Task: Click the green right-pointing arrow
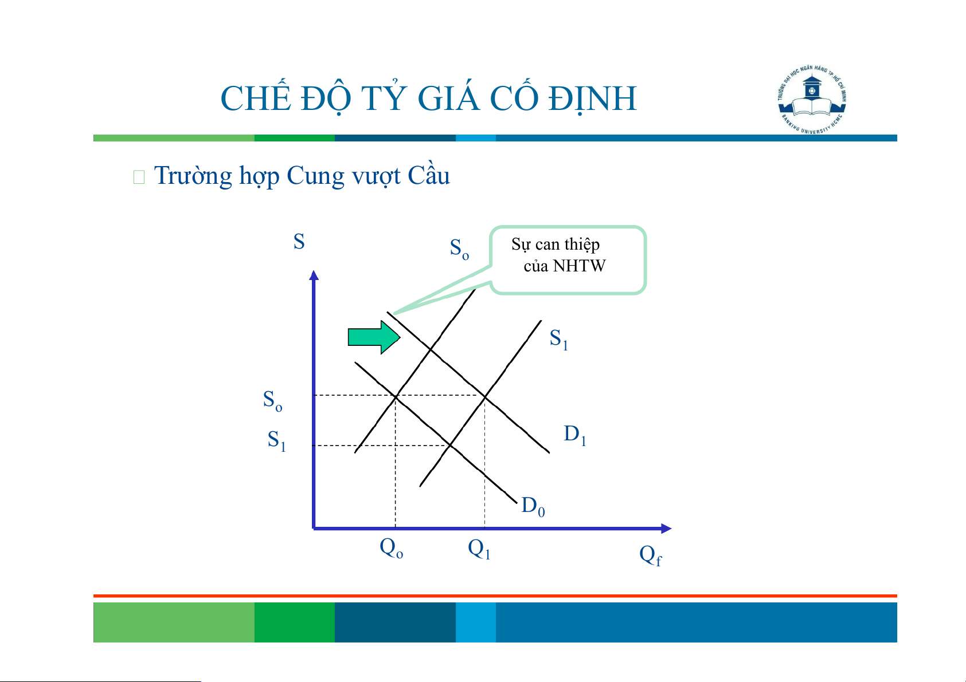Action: [374, 337]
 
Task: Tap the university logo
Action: [812, 99]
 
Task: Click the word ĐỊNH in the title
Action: [593, 98]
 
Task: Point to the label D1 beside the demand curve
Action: [575, 435]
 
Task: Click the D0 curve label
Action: [533, 506]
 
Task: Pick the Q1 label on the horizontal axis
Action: [479, 549]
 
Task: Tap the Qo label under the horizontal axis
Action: [391, 549]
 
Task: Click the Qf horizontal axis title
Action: [650, 555]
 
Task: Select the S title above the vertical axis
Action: [299, 241]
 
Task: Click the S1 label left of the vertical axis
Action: [276, 440]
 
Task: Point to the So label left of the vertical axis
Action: [272, 400]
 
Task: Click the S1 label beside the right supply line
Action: [558, 339]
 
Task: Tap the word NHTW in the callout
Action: [579, 266]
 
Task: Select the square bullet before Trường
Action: [139, 177]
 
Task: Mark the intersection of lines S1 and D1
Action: [485, 396]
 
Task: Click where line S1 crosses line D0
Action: [450, 445]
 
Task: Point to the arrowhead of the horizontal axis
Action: [666, 529]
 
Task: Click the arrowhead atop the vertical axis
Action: [314, 275]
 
